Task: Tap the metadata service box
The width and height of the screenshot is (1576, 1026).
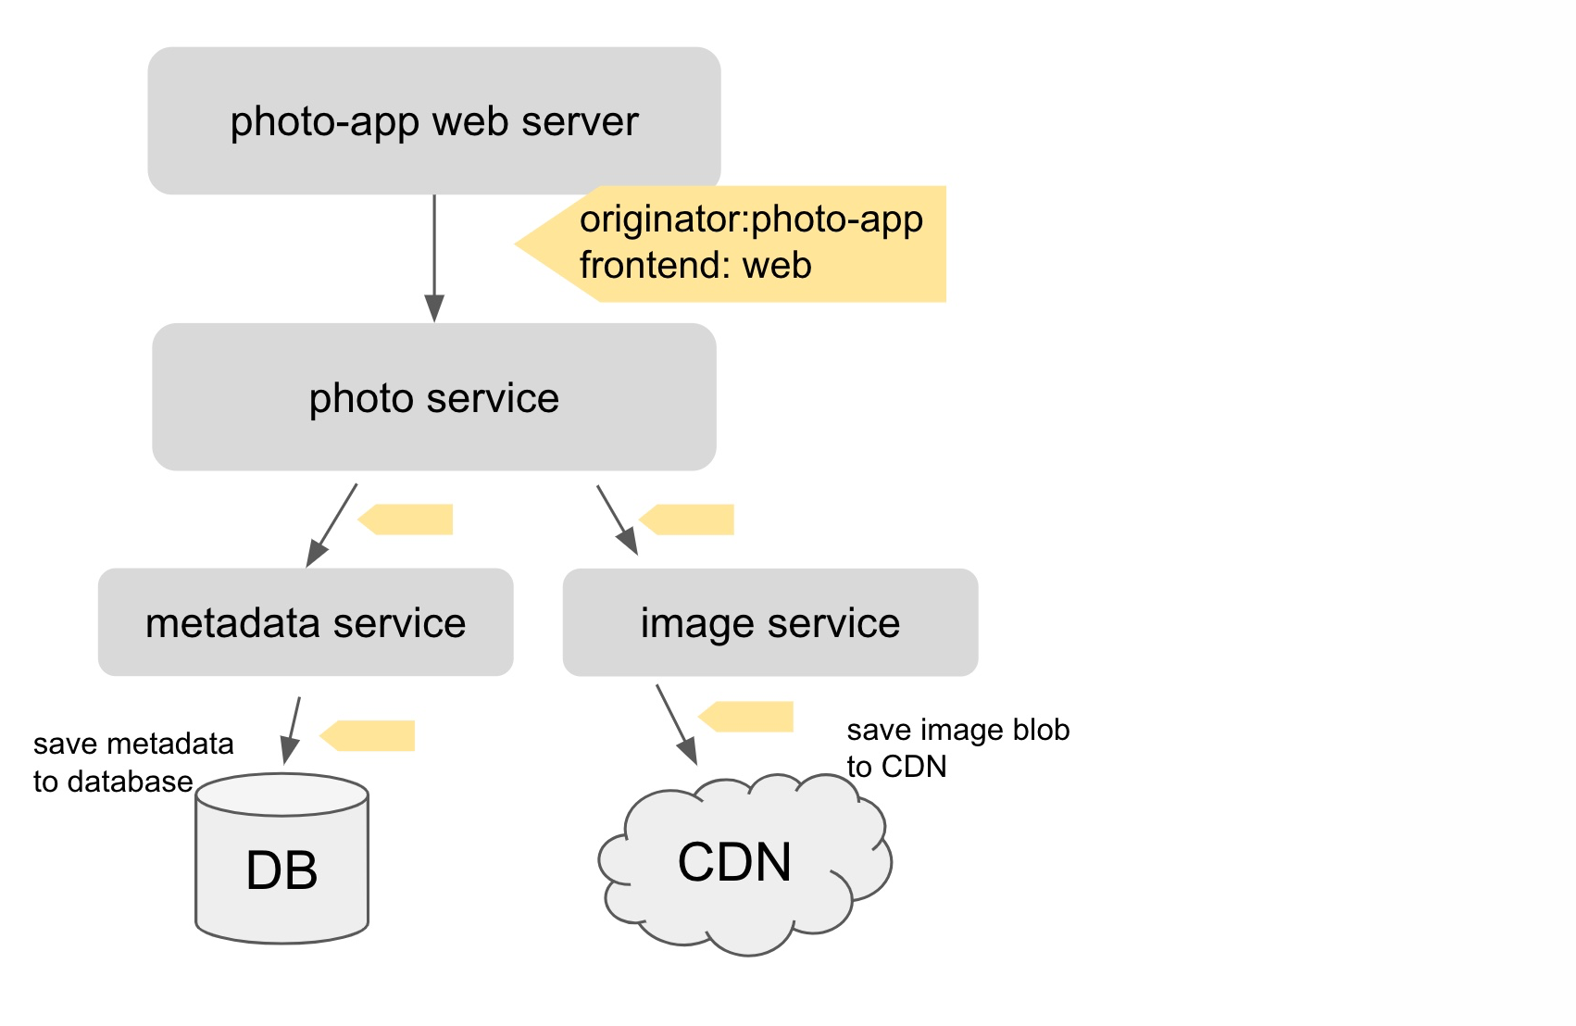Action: (x=306, y=622)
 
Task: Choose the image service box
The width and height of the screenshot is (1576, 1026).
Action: (x=769, y=622)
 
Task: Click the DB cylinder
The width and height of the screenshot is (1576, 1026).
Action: (x=281, y=870)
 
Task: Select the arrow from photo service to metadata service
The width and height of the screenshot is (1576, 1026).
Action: (x=332, y=524)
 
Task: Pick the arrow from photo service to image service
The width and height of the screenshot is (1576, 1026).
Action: (x=617, y=519)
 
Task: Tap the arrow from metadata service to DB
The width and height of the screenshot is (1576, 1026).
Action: (x=292, y=730)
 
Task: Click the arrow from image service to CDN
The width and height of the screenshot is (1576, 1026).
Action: (x=676, y=724)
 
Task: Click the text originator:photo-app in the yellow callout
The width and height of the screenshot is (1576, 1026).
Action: (x=751, y=219)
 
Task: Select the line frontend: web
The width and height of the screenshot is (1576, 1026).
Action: (x=695, y=266)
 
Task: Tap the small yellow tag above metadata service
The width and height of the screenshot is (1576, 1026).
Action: (x=407, y=519)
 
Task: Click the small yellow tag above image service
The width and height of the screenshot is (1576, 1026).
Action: (x=689, y=519)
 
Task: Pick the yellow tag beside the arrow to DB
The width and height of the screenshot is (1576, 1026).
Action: (x=369, y=735)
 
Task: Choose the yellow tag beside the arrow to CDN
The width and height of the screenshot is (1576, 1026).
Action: (x=748, y=717)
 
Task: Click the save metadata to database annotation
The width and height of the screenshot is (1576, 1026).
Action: (x=132, y=762)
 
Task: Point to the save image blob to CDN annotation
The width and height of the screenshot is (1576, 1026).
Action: (x=957, y=748)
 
